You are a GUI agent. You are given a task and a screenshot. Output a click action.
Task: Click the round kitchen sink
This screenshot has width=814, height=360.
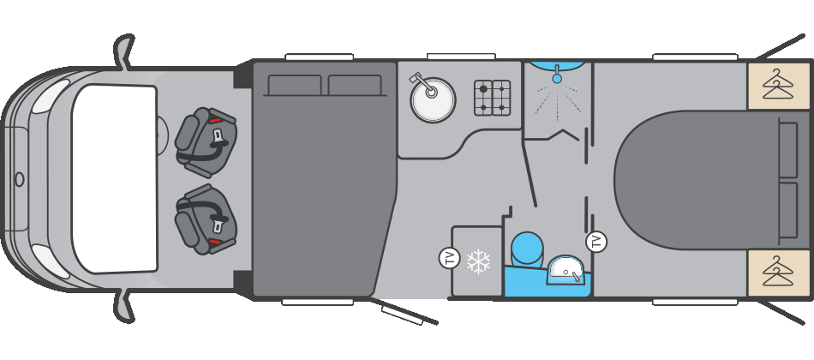[x=433, y=100]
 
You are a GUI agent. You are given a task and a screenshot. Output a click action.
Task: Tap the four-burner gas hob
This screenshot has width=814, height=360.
[x=492, y=98]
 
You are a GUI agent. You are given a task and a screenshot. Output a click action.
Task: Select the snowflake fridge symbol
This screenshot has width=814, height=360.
[x=478, y=261]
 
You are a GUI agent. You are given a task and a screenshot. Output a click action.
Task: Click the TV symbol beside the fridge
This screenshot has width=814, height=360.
[x=449, y=257]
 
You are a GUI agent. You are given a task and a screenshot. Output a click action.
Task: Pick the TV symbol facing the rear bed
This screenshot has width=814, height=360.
[x=596, y=242]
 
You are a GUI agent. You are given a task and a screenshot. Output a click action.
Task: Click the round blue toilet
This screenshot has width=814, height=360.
[x=527, y=248]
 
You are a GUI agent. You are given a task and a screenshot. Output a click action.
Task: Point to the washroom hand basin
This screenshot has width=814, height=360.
[x=566, y=270]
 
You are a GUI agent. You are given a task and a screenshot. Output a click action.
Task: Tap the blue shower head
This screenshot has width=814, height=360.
[x=557, y=78]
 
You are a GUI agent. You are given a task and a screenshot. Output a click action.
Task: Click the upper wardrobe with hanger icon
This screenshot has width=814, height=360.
[x=778, y=85]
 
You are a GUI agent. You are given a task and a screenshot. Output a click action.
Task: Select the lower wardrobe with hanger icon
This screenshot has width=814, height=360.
[x=778, y=273]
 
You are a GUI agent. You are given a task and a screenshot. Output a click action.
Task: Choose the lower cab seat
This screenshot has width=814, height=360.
[x=206, y=220]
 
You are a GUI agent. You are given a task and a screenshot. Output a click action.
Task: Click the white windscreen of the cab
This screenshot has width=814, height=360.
[x=114, y=178]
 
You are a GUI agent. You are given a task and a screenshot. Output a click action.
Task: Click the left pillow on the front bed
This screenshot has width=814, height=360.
[x=295, y=86]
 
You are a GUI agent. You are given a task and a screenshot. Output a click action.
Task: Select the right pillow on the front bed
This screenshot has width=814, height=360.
[x=355, y=86]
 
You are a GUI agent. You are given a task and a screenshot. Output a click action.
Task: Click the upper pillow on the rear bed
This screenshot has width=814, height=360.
[x=787, y=150]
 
